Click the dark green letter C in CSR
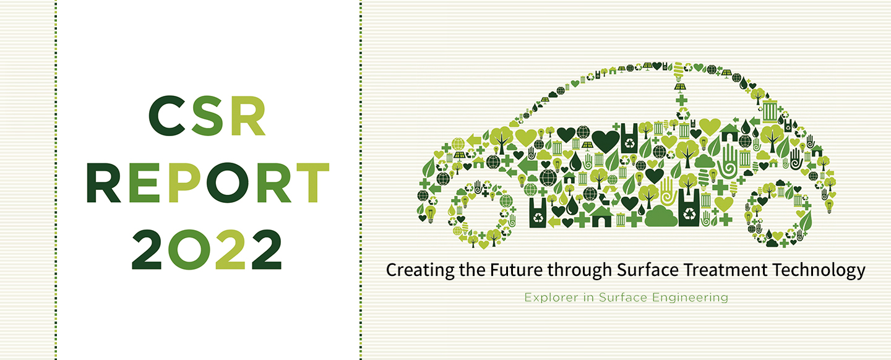168,116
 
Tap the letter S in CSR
207,116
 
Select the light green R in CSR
247,116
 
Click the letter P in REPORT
184,182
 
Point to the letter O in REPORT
228,182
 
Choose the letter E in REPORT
144,182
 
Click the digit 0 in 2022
189,249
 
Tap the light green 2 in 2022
230,249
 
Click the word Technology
819,270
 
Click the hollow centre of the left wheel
482,215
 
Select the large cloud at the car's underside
661,216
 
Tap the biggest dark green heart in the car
605,141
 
